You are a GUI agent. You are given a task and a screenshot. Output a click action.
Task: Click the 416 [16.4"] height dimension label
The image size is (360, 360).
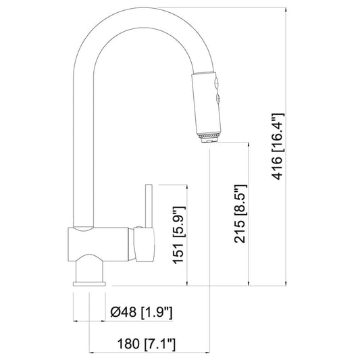278,147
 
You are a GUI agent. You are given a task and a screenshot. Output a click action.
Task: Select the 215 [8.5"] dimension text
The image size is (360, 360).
240,213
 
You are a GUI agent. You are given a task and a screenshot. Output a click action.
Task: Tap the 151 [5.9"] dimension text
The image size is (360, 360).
178,235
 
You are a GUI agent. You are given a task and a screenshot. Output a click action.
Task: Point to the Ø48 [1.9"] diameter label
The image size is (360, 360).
141,312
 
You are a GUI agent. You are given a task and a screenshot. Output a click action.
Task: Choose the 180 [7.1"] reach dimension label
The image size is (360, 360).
147,344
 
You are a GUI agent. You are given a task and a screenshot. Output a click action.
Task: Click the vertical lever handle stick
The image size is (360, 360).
149,206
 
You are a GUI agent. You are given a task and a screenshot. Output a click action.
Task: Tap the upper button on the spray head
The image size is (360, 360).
216,84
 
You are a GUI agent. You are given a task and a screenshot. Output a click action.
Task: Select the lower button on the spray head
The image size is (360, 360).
218,99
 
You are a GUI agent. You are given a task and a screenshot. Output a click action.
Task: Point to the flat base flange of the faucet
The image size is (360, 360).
89,284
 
